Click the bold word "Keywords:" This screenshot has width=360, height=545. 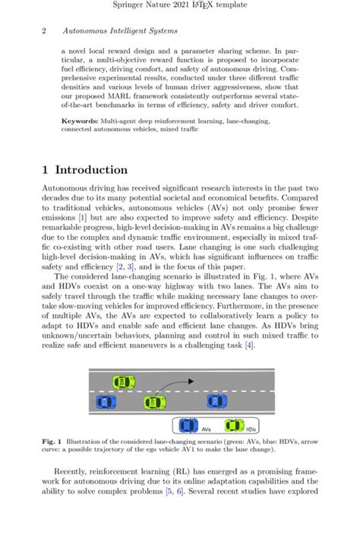(x=83, y=120)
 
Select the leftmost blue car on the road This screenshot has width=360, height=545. (x=102, y=402)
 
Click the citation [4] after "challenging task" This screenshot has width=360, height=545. (x=249, y=346)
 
